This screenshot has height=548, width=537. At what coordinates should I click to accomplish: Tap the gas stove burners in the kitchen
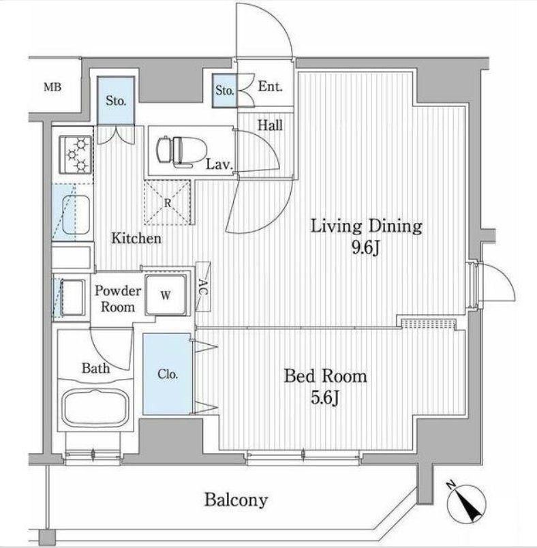click(x=76, y=154)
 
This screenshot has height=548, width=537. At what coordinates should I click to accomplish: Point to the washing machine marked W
click(x=166, y=295)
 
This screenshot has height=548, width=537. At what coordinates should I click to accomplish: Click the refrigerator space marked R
click(x=168, y=202)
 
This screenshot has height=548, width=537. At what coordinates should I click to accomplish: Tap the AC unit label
click(x=203, y=286)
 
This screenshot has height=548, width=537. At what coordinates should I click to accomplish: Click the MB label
click(x=52, y=87)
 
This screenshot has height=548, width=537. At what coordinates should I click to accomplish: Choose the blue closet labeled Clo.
click(x=168, y=374)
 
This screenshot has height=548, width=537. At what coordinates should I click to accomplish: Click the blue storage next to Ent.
click(x=224, y=91)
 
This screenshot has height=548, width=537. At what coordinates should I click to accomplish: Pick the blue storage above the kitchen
click(x=116, y=100)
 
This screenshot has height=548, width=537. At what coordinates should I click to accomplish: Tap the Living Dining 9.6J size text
click(x=366, y=249)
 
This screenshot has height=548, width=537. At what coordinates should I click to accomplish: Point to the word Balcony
click(x=236, y=500)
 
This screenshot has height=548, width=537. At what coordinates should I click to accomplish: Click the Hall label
click(x=270, y=125)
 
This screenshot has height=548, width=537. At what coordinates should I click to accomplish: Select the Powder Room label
click(x=118, y=299)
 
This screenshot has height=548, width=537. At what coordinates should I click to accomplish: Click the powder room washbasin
click(x=73, y=296)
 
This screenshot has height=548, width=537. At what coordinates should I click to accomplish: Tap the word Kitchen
click(x=136, y=239)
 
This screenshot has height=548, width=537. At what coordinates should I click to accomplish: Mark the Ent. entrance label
click(x=270, y=87)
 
